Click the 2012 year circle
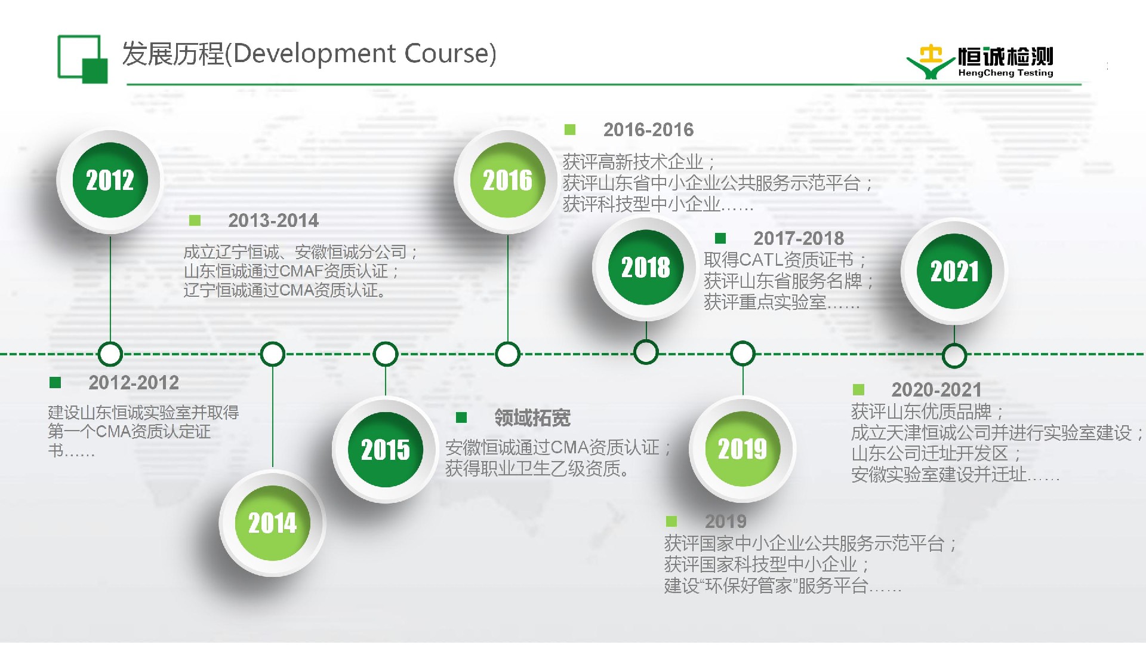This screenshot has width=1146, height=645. pos(110,180)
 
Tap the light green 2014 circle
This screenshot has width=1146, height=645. pos(272,523)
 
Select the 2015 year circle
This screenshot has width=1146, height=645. pos(385,450)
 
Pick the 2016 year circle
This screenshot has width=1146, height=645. pos(507,180)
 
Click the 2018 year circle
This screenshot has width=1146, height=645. pos(646,267)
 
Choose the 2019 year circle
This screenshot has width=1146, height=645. pos(743,449)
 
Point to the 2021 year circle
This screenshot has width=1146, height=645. pos(954,271)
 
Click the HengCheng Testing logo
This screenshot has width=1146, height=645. pos(980,62)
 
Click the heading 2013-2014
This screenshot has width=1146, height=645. pos(273,220)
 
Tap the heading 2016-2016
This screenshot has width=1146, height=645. pos(648,130)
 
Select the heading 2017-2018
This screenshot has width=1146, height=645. pos(799,238)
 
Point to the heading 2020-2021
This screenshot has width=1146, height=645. pos(936,389)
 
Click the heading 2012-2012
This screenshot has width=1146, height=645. pos(134,382)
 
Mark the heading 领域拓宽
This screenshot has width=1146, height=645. pos(532,417)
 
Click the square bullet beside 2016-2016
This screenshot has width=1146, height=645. pos(570,130)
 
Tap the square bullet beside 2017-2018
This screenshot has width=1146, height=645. pos(720,238)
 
